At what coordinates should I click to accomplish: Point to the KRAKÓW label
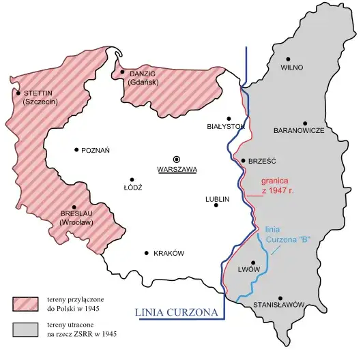coord(169,253)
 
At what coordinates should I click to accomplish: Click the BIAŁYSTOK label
coord(225,127)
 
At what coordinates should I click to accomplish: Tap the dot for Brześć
coord(244,161)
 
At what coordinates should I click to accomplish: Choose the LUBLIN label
coord(217,199)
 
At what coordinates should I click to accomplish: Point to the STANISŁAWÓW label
coord(278,305)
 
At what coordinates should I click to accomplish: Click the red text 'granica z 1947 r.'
coord(276,186)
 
